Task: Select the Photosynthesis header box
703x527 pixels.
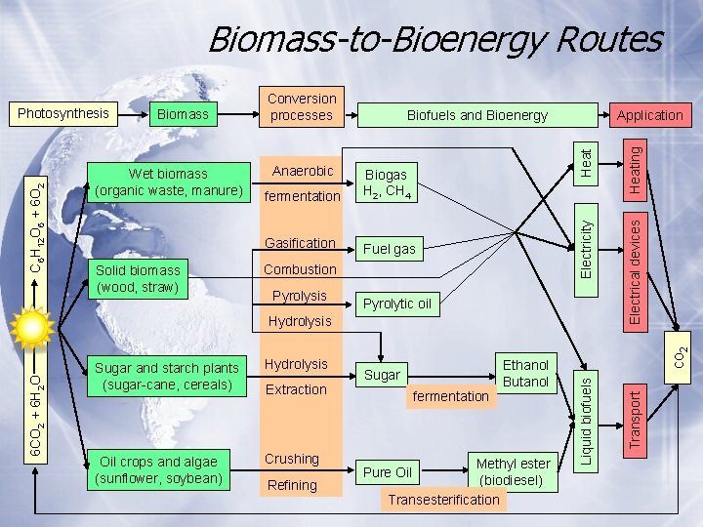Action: [63, 113]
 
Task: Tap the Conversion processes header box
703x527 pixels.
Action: [302, 107]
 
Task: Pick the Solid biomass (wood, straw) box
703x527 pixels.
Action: [138, 278]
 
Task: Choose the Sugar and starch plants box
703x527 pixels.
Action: [166, 376]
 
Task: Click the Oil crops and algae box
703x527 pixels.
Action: [159, 469]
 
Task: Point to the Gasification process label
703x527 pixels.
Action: [302, 243]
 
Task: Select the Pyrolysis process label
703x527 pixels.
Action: [299, 295]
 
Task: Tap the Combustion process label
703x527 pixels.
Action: [301, 269]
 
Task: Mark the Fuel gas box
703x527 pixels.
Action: [390, 249]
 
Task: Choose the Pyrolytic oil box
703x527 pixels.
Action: [396, 304]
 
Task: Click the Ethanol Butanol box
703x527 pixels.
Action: [525, 373]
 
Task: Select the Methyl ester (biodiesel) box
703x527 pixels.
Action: [513, 471]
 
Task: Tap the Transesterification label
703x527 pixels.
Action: [443, 501]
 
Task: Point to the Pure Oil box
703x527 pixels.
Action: [388, 472]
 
